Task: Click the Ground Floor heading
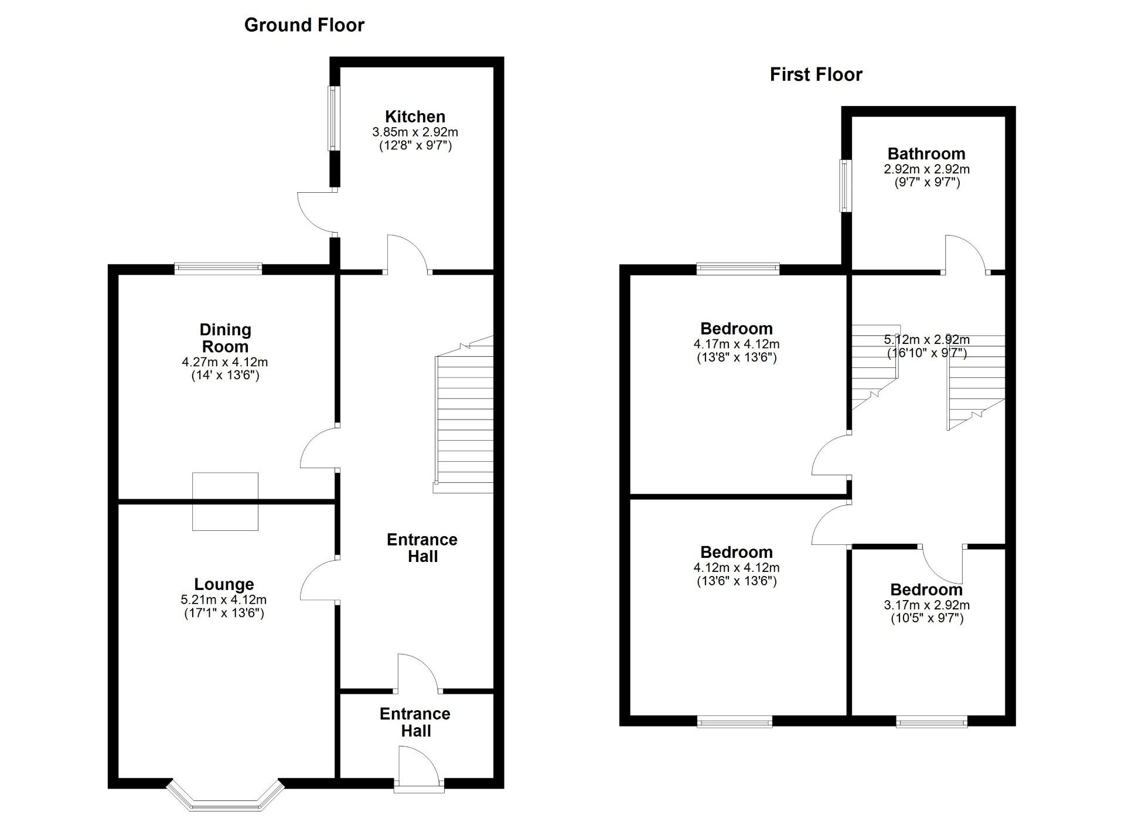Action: tap(304, 25)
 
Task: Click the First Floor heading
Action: tap(816, 75)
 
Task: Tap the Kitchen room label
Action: tap(415, 117)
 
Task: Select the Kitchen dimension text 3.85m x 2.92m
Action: tap(415, 132)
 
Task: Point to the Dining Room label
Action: tap(225, 338)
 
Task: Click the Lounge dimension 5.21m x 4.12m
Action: tap(224, 599)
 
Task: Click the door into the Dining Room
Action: tap(320, 448)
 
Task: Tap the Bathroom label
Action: tap(926, 154)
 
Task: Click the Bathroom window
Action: tap(844, 186)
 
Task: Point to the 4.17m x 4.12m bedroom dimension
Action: tap(737, 345)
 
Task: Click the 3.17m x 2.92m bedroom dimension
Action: tap(926, 605)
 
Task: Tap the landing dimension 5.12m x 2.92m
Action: tap(926, 340)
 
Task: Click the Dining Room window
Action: tap(218, 269)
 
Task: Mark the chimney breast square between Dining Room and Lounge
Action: tap(225, 502)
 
